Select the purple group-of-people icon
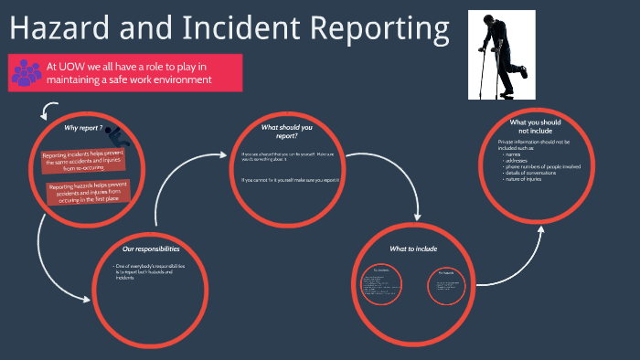click(x=25, y=73)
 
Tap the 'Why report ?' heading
click(x=83, y=128)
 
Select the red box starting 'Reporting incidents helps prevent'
click(x=84, y=162)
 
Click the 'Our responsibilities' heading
click(x=151, y=249)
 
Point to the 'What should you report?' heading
click(x=286, y=132)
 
